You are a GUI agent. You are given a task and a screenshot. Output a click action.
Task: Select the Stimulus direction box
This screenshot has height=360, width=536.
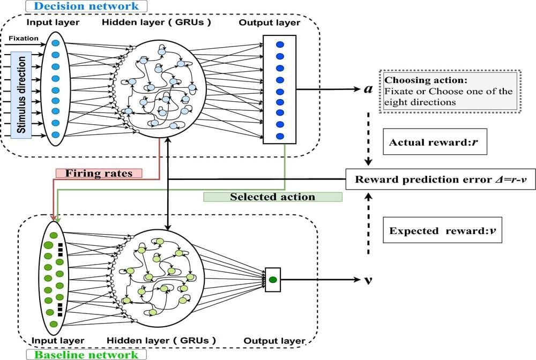[21, 95]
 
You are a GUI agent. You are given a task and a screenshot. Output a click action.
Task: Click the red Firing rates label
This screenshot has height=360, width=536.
[99, 173]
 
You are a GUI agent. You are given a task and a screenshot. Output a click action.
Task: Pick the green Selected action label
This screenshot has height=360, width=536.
[272, 197]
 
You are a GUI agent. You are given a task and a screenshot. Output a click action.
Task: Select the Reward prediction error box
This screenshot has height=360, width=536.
[432, 179]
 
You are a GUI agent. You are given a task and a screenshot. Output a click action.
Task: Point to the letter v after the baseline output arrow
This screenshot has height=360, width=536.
[368, 280]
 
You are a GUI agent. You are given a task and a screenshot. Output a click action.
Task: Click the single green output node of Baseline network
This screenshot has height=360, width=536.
[273, 279]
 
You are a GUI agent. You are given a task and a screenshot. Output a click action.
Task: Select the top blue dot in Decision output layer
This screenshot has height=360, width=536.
[279, 43]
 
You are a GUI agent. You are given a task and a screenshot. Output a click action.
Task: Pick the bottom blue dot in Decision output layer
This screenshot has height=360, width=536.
[279, 136]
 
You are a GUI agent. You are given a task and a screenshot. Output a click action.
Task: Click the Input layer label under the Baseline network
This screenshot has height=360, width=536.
[57, 341]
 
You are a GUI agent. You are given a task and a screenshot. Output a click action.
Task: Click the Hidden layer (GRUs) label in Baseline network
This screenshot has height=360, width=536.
[161, 341]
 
